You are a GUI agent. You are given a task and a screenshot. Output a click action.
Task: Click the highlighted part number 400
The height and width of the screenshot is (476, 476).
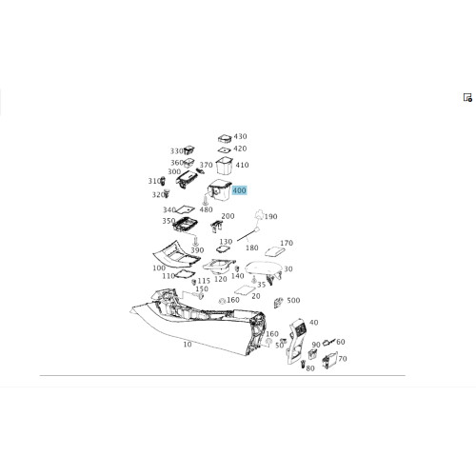(239, 190)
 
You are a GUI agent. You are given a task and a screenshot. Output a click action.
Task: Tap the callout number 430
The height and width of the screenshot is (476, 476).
(240, 136)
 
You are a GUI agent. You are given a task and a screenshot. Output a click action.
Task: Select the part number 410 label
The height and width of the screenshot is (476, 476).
(242, 165)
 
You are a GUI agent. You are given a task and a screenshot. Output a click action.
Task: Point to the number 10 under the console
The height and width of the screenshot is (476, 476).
(188, 345)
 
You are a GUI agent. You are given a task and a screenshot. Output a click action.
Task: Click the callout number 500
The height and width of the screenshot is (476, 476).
(293, 300)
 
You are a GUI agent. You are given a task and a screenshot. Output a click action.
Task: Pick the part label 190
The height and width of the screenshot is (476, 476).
(270, 217)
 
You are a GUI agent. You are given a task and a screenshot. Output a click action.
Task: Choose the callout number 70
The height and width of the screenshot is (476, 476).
(343, 359)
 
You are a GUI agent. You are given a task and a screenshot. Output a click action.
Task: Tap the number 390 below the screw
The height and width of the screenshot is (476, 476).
(197, 250)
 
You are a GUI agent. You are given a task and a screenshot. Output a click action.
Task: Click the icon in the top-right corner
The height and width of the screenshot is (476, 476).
(467, 97)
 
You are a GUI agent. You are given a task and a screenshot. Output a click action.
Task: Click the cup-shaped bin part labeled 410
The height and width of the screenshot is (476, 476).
(224, 166)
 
